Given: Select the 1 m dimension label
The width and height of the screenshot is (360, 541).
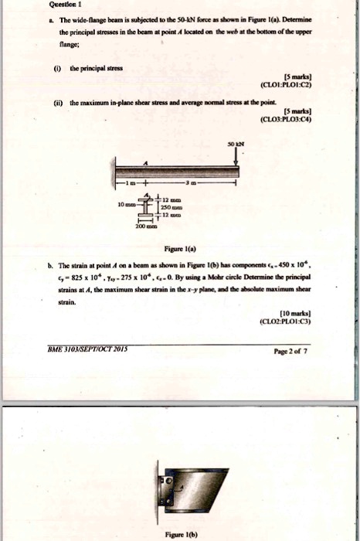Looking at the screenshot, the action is (x=135, y=186).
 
